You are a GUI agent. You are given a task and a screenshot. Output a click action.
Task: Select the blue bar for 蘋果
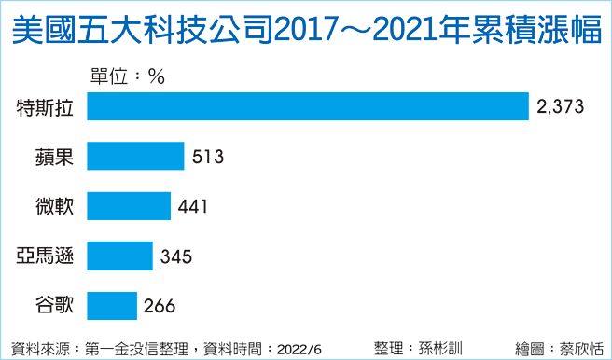tap(134, 155)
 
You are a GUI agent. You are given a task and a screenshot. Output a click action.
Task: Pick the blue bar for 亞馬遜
tap(119, 254)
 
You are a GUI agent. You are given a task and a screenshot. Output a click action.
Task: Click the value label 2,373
tap(560, 106)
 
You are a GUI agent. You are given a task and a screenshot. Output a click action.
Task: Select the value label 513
tap(208, 156)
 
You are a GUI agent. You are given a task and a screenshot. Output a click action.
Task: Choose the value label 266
tap(160, 304)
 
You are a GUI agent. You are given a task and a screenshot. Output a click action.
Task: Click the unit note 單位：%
tap(127, 76)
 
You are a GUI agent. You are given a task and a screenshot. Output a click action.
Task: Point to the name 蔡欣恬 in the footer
tap(579, 348)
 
